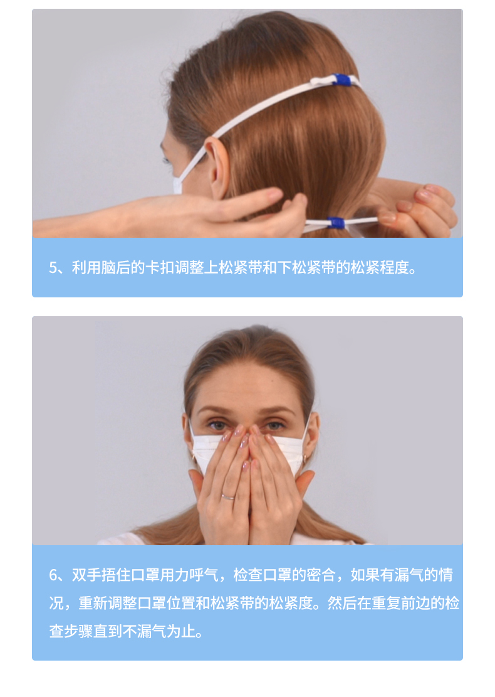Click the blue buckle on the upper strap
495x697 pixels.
(341, 80)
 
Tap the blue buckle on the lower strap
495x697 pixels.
(336, 222)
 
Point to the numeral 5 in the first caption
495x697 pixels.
(53, 268)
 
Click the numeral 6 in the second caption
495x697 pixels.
(53, 575)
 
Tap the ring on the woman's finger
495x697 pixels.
(227, 496)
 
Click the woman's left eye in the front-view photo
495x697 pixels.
(274, 425)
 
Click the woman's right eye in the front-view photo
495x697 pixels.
(218, 425)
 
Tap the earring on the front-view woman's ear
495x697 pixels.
(305, 458)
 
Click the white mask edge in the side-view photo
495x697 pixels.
(177, 184)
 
